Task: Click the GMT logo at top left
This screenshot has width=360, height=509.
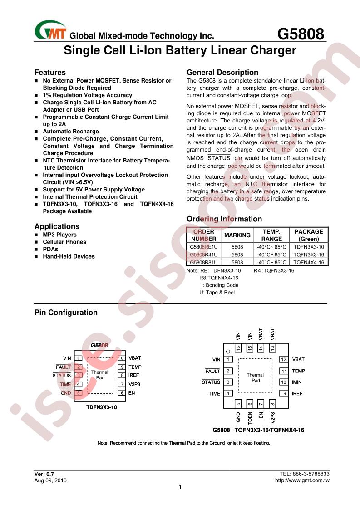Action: pyautogui.click(x=50, y=30)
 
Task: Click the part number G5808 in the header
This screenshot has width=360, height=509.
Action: pyautogui.click(x=301, y=34)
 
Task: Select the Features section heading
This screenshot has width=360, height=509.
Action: pyautogui.click(x=50, y=73)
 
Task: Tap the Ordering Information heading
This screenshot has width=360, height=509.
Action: pyautogui.click(x=224, y=219)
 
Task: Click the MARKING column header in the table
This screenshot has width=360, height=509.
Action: pyautogui.click(x=237, y=235)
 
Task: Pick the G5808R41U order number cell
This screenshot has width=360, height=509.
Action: pyautogui.click(x=204, y=255)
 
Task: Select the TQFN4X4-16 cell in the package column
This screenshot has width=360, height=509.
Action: pyautogui.click(x=309, y=262)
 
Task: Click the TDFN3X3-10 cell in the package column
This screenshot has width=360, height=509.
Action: pyautogui.click(x=309, y=247)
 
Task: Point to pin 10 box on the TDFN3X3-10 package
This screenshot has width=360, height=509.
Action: pyautogui.click(x=121, y=358)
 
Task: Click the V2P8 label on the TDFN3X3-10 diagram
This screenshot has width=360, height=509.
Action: pyautogui.click(x=134, y=384)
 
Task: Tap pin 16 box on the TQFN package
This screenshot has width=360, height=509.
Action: pyautogui.click(x=238, y=348)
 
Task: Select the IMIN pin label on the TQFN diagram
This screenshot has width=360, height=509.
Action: pyautogui.click(x=296, y=382)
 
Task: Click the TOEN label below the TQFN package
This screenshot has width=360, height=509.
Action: pyautogui.click(x=250, y=418)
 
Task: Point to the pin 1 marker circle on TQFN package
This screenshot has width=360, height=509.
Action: pyautogui.click(x=228, y=351)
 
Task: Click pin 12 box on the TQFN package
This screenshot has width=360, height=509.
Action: pyautogui.click(x=284, y=359)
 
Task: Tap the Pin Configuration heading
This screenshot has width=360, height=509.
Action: pyautogui.click(x=66, y=313)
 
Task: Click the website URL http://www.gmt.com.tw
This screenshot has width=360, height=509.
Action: pyautogui.click(x=302, y=480)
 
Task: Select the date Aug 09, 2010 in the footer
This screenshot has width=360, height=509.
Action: pyautogui.click(x=50, y=480)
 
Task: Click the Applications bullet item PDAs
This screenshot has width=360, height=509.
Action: pyautogui.click(x=50, y=249)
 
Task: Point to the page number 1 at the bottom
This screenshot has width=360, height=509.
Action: pyautogui.click(x=180, y=487)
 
